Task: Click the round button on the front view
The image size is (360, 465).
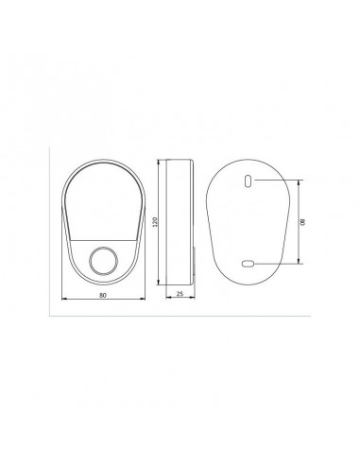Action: click(x=104, y=261)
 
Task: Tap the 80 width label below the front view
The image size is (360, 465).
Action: click(x=102, y=295)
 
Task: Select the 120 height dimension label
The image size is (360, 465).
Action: click(x=155, y=222)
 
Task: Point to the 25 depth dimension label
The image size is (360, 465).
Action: click(x=180, y=294)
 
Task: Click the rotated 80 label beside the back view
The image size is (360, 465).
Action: click(x=302, y=222)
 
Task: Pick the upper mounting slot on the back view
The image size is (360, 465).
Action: click(x=248, y=181)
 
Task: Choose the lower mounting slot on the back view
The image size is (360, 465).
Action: click(x=248, y=264)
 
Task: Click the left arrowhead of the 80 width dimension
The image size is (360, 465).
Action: click(x=64, y=299)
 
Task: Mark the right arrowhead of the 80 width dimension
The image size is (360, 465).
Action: click(x=143, y=299)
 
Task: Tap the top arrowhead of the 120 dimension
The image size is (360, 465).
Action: click(x=159, y=163)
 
